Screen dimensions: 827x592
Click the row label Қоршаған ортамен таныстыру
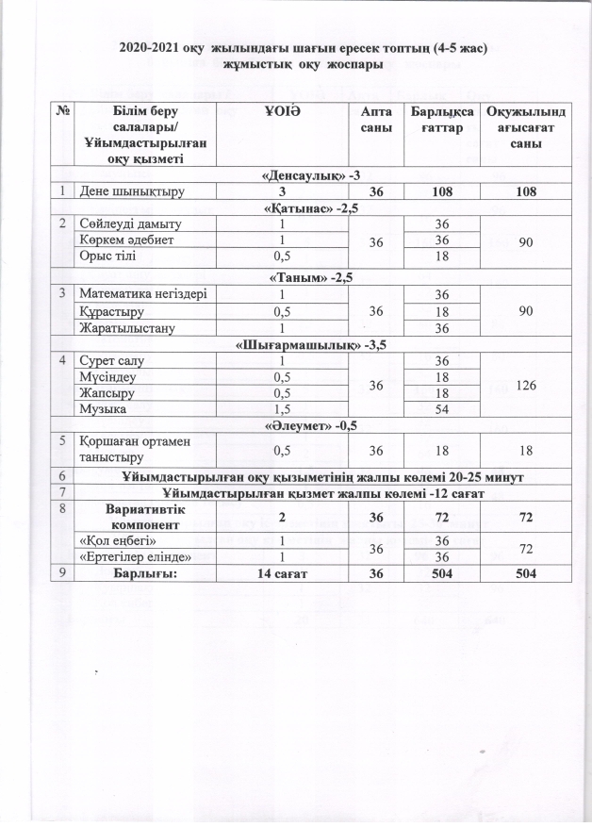(132, 451)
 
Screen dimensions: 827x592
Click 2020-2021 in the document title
(152, 46)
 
